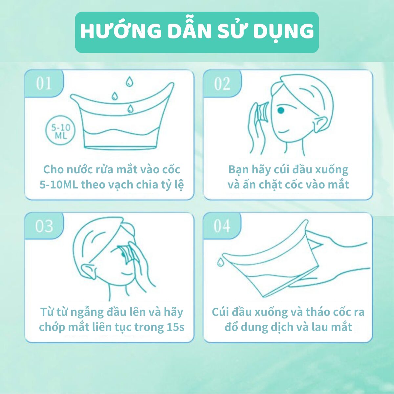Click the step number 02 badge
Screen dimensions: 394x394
tap(222, 84)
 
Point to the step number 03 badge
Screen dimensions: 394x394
tap(44, 226)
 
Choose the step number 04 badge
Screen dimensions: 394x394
tap(222, 226)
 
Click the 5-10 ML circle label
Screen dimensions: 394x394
tap(60, 131)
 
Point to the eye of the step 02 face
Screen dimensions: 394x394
tap(281, 111)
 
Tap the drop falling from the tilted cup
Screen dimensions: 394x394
tap(220, 262)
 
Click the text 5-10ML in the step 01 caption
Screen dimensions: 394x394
tap(59, 185)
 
